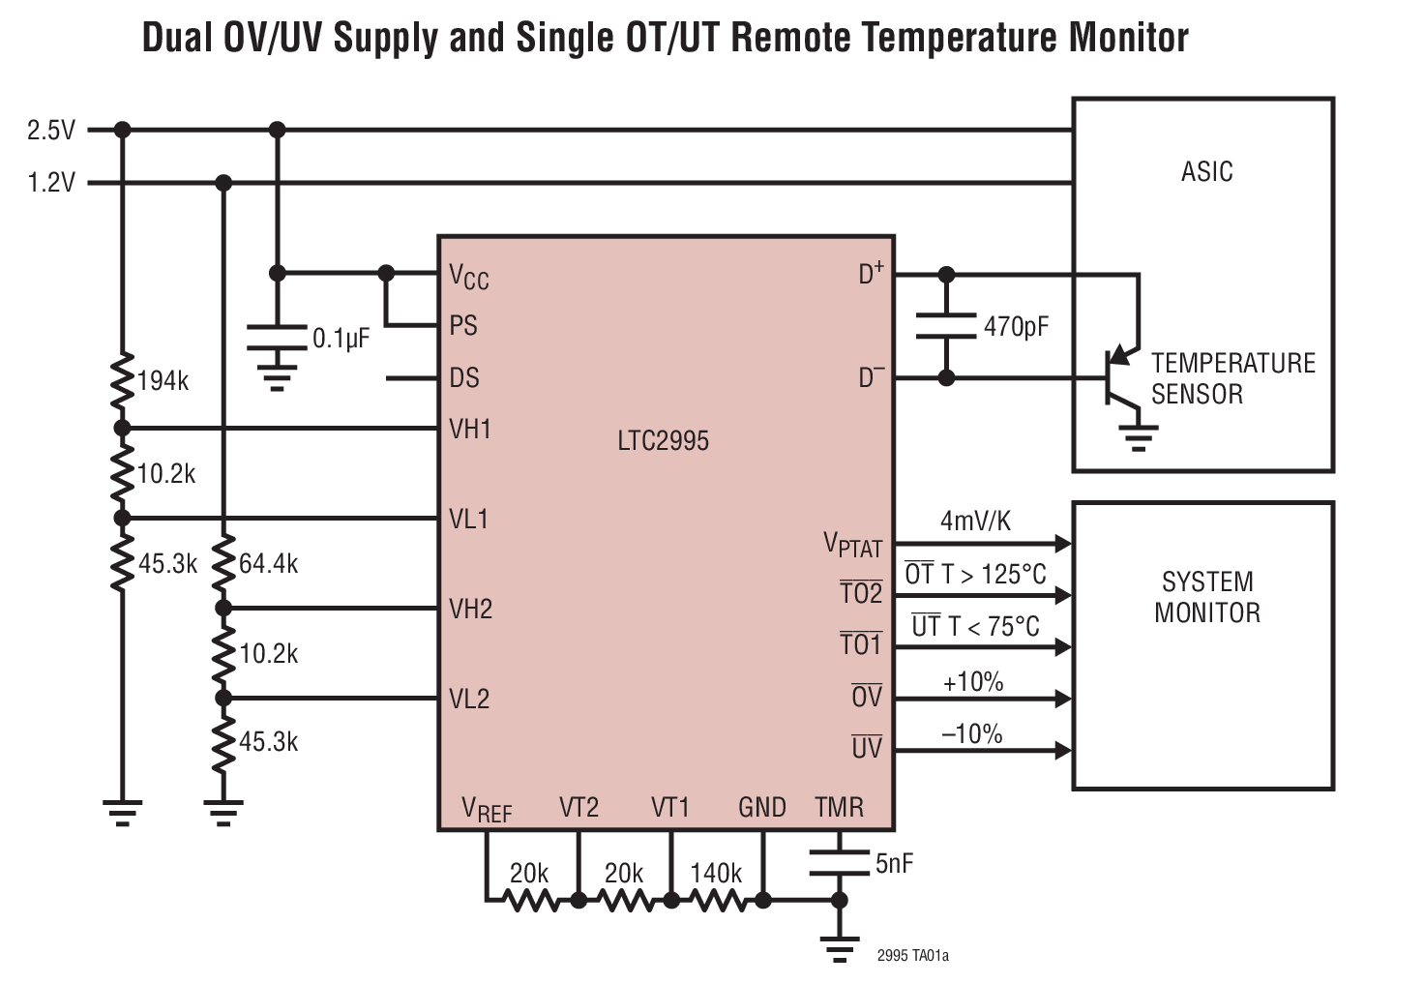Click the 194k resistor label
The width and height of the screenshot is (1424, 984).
coord(163,381)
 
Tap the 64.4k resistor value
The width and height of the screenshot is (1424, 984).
coord(268,563)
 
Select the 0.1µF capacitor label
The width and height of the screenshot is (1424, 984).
coord(341,339)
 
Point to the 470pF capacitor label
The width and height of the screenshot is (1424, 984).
coord(1016,327)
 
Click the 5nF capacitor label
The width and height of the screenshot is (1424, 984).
coord(894,864)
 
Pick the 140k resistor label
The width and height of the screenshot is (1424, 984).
coord(716,873)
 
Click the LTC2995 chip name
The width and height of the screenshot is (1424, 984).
coord(663,441)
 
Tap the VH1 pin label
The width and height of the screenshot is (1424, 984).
coord(470,429)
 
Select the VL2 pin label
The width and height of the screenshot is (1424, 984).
coord(469,699)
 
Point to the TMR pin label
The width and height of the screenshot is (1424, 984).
coord(839,807)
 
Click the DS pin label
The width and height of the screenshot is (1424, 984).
coord(464,377)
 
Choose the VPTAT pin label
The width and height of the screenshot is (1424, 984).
coord(852,545)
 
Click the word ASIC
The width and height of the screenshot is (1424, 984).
coord(1206,172)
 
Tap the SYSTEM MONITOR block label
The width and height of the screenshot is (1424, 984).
coord(1206,597)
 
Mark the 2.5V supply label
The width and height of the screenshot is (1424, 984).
coord(51,130)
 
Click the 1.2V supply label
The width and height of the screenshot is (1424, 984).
coord(51,182)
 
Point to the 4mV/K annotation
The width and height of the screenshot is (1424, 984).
coord(975,522)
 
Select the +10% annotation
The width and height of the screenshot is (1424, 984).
coord(972,682)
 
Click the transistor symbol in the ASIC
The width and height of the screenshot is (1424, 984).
coord(1120,378)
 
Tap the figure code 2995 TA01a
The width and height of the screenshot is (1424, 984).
coord(912,956)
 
